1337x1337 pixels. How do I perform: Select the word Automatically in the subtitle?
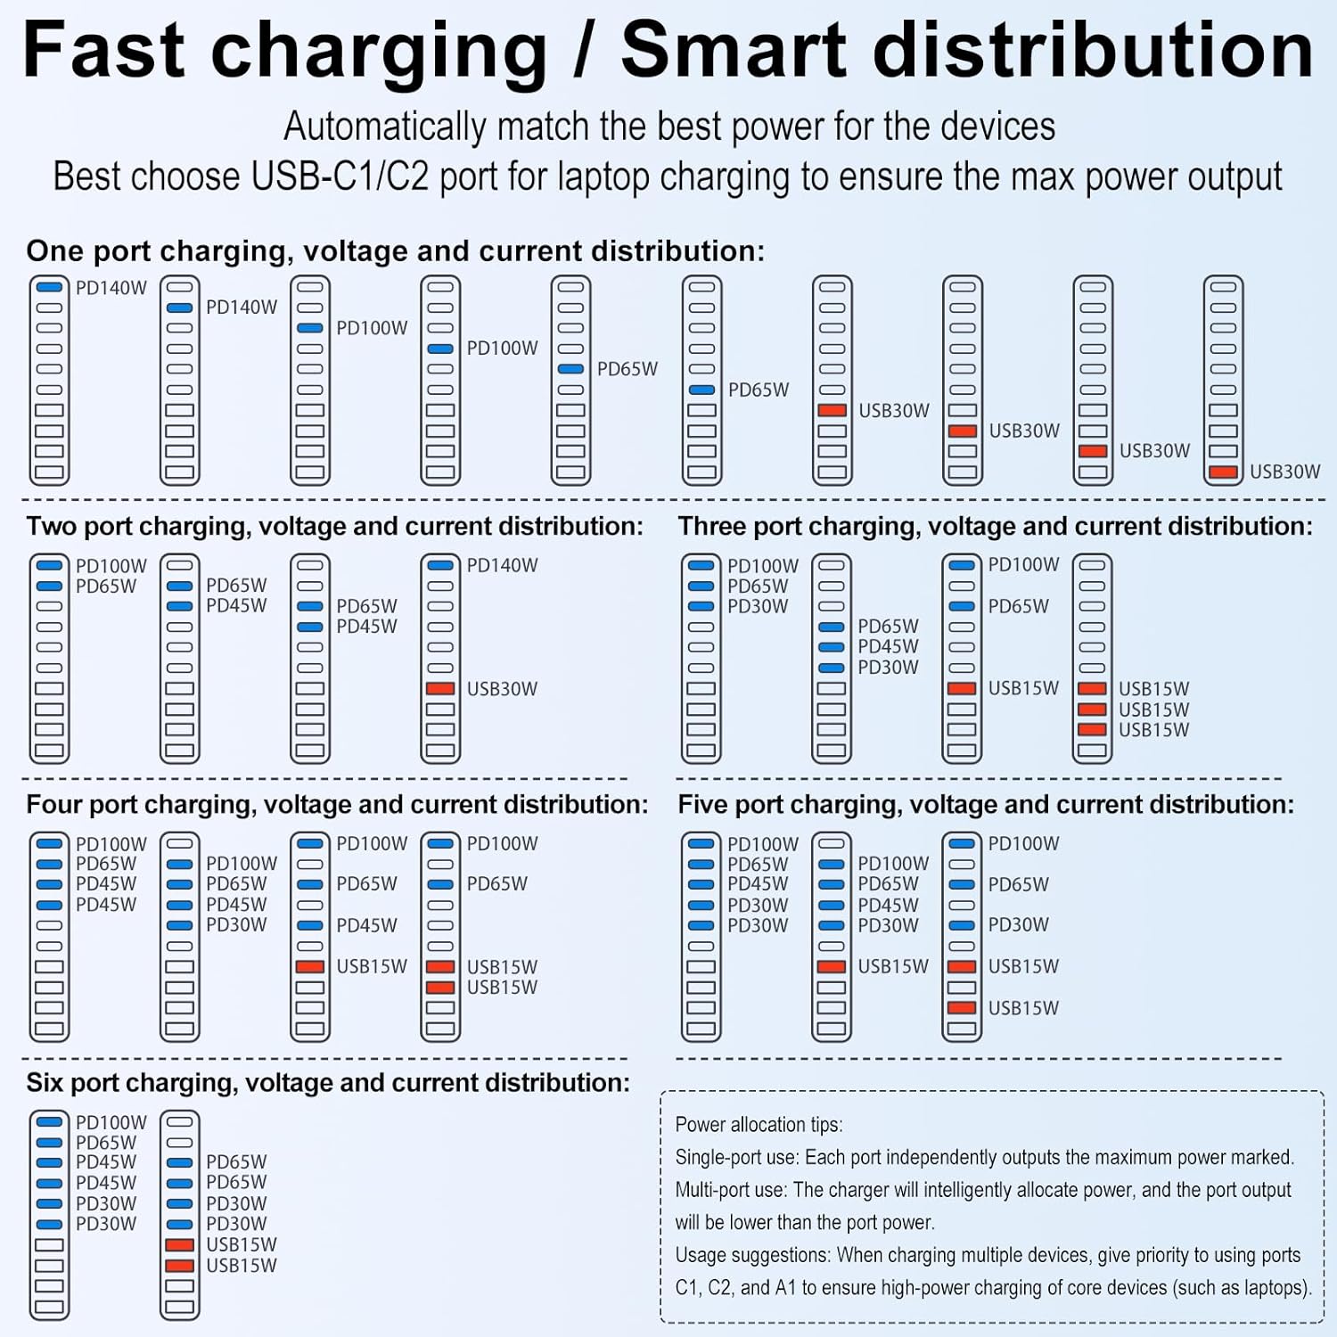[384, 127]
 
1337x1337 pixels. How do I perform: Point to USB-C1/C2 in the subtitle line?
[340, 176]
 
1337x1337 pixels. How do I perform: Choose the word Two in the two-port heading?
[52, 527]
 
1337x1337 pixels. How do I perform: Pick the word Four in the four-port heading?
[54, 805]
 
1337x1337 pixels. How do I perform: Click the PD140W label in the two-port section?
[502, 565]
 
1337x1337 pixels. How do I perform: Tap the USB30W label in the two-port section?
[502, 689]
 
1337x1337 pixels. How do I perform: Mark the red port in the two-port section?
[440, 689]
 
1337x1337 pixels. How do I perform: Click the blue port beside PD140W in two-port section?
[440, 565]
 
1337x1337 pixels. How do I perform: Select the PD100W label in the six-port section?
[111, 1122]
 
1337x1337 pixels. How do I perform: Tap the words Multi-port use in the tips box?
[731, 1191]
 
